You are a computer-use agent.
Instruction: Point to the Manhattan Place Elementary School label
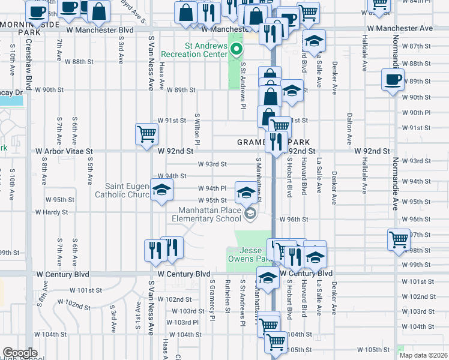213,214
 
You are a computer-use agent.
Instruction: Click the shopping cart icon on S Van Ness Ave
146,134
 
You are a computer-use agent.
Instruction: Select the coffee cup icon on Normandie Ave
393,80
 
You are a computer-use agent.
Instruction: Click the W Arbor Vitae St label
65,152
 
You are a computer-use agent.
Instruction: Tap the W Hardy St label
51,212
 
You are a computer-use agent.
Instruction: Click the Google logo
20,353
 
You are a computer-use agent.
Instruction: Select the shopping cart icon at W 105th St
276,343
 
